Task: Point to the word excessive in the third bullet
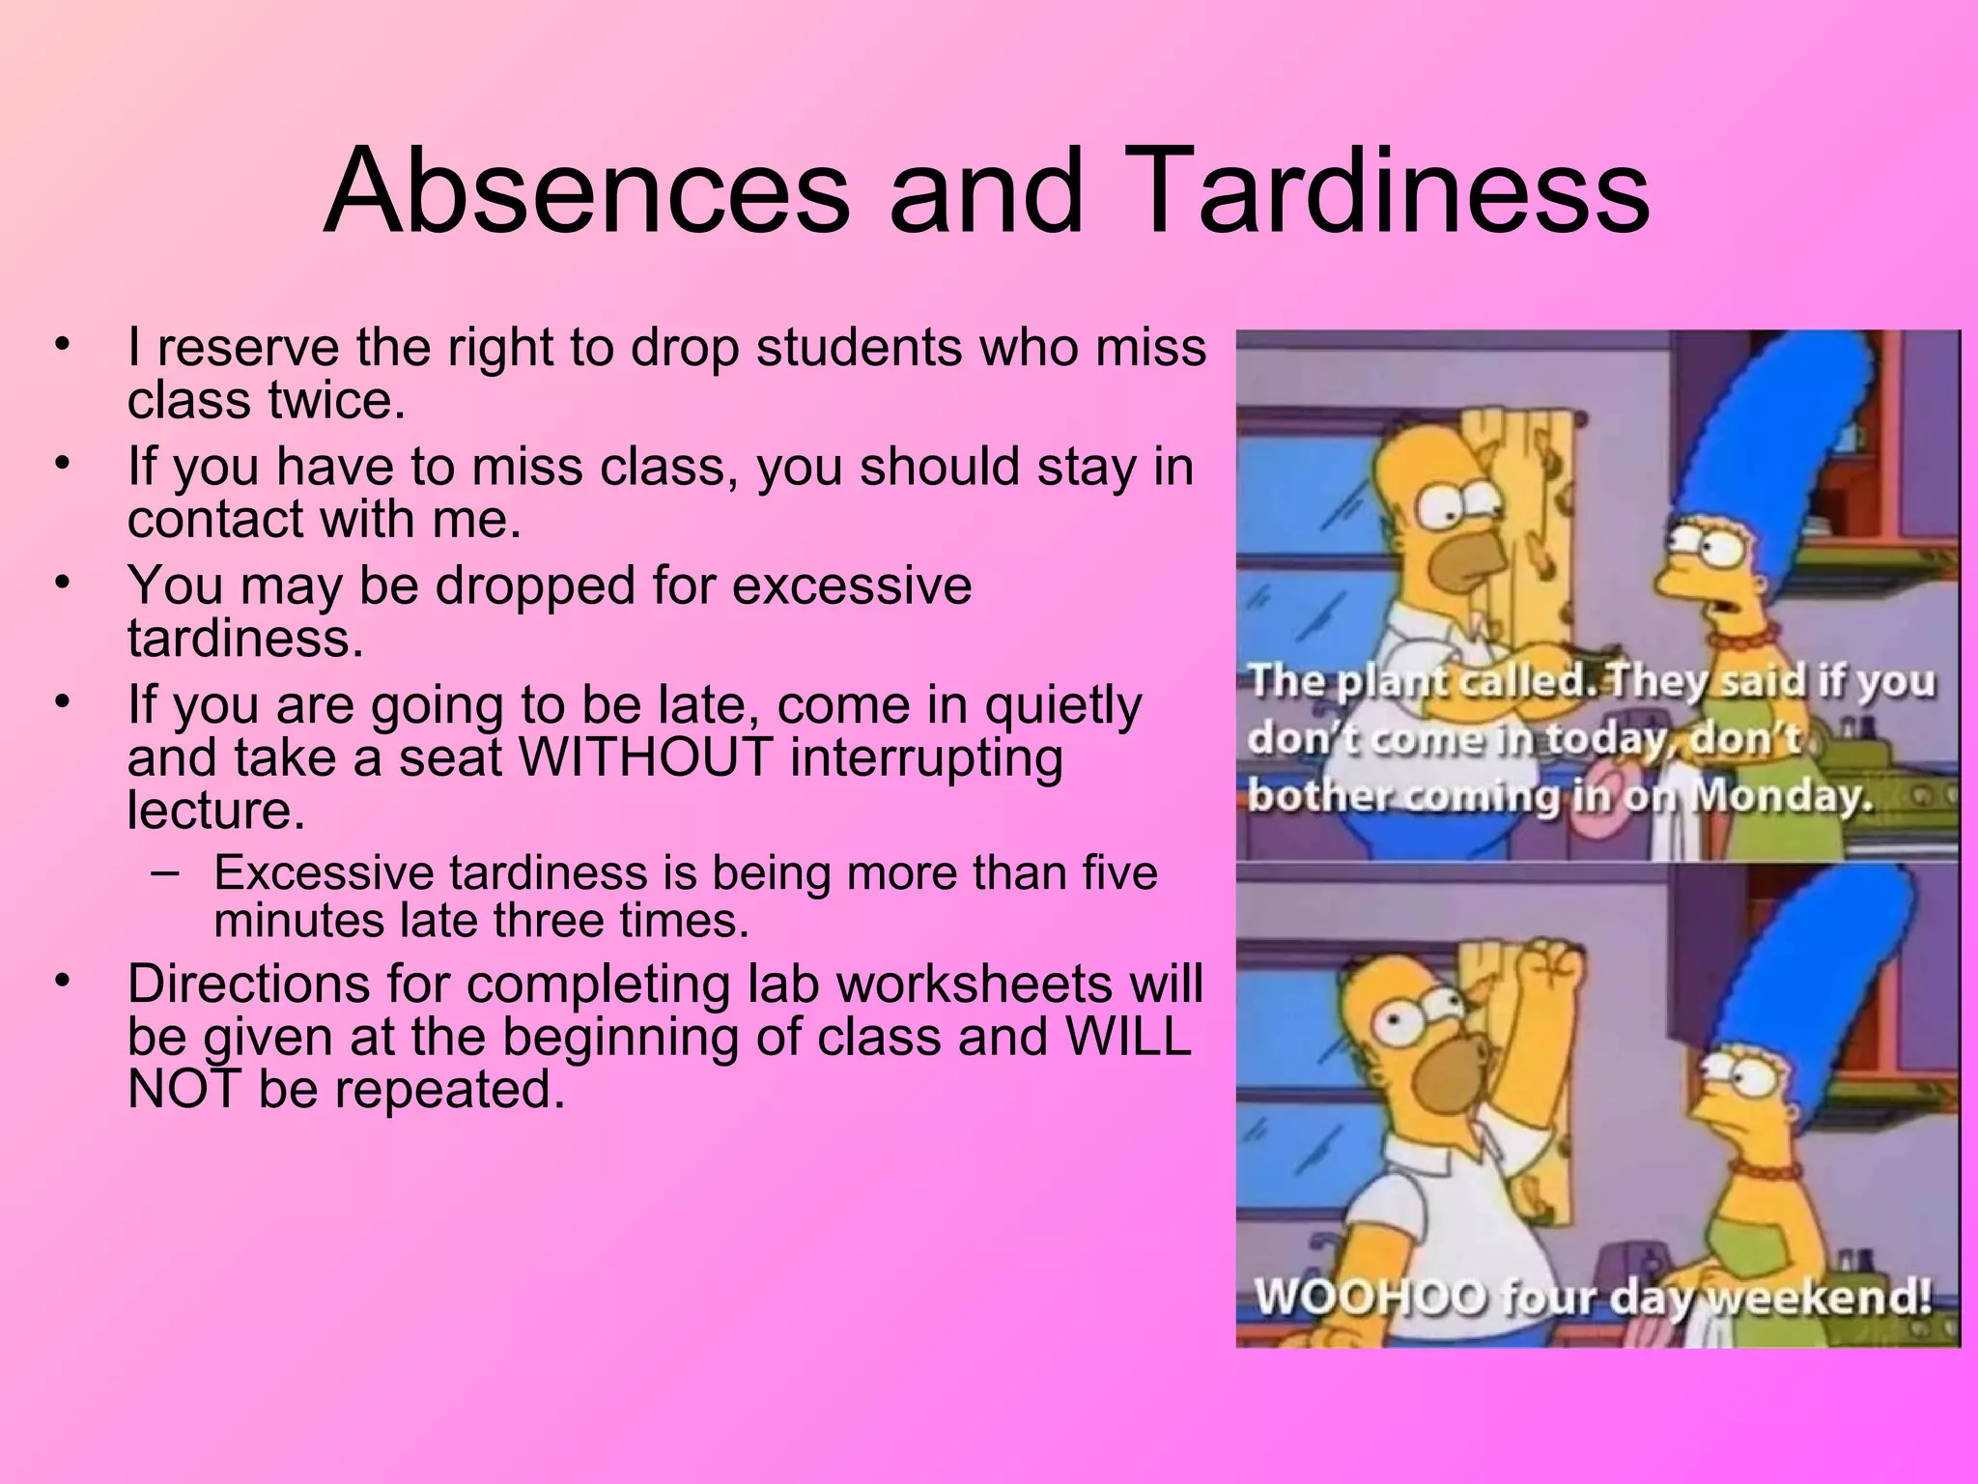coord(850,585)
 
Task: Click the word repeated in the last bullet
coord(448,1090)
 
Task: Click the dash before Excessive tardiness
coord(165,872)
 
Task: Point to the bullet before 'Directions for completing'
coord(64,982)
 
